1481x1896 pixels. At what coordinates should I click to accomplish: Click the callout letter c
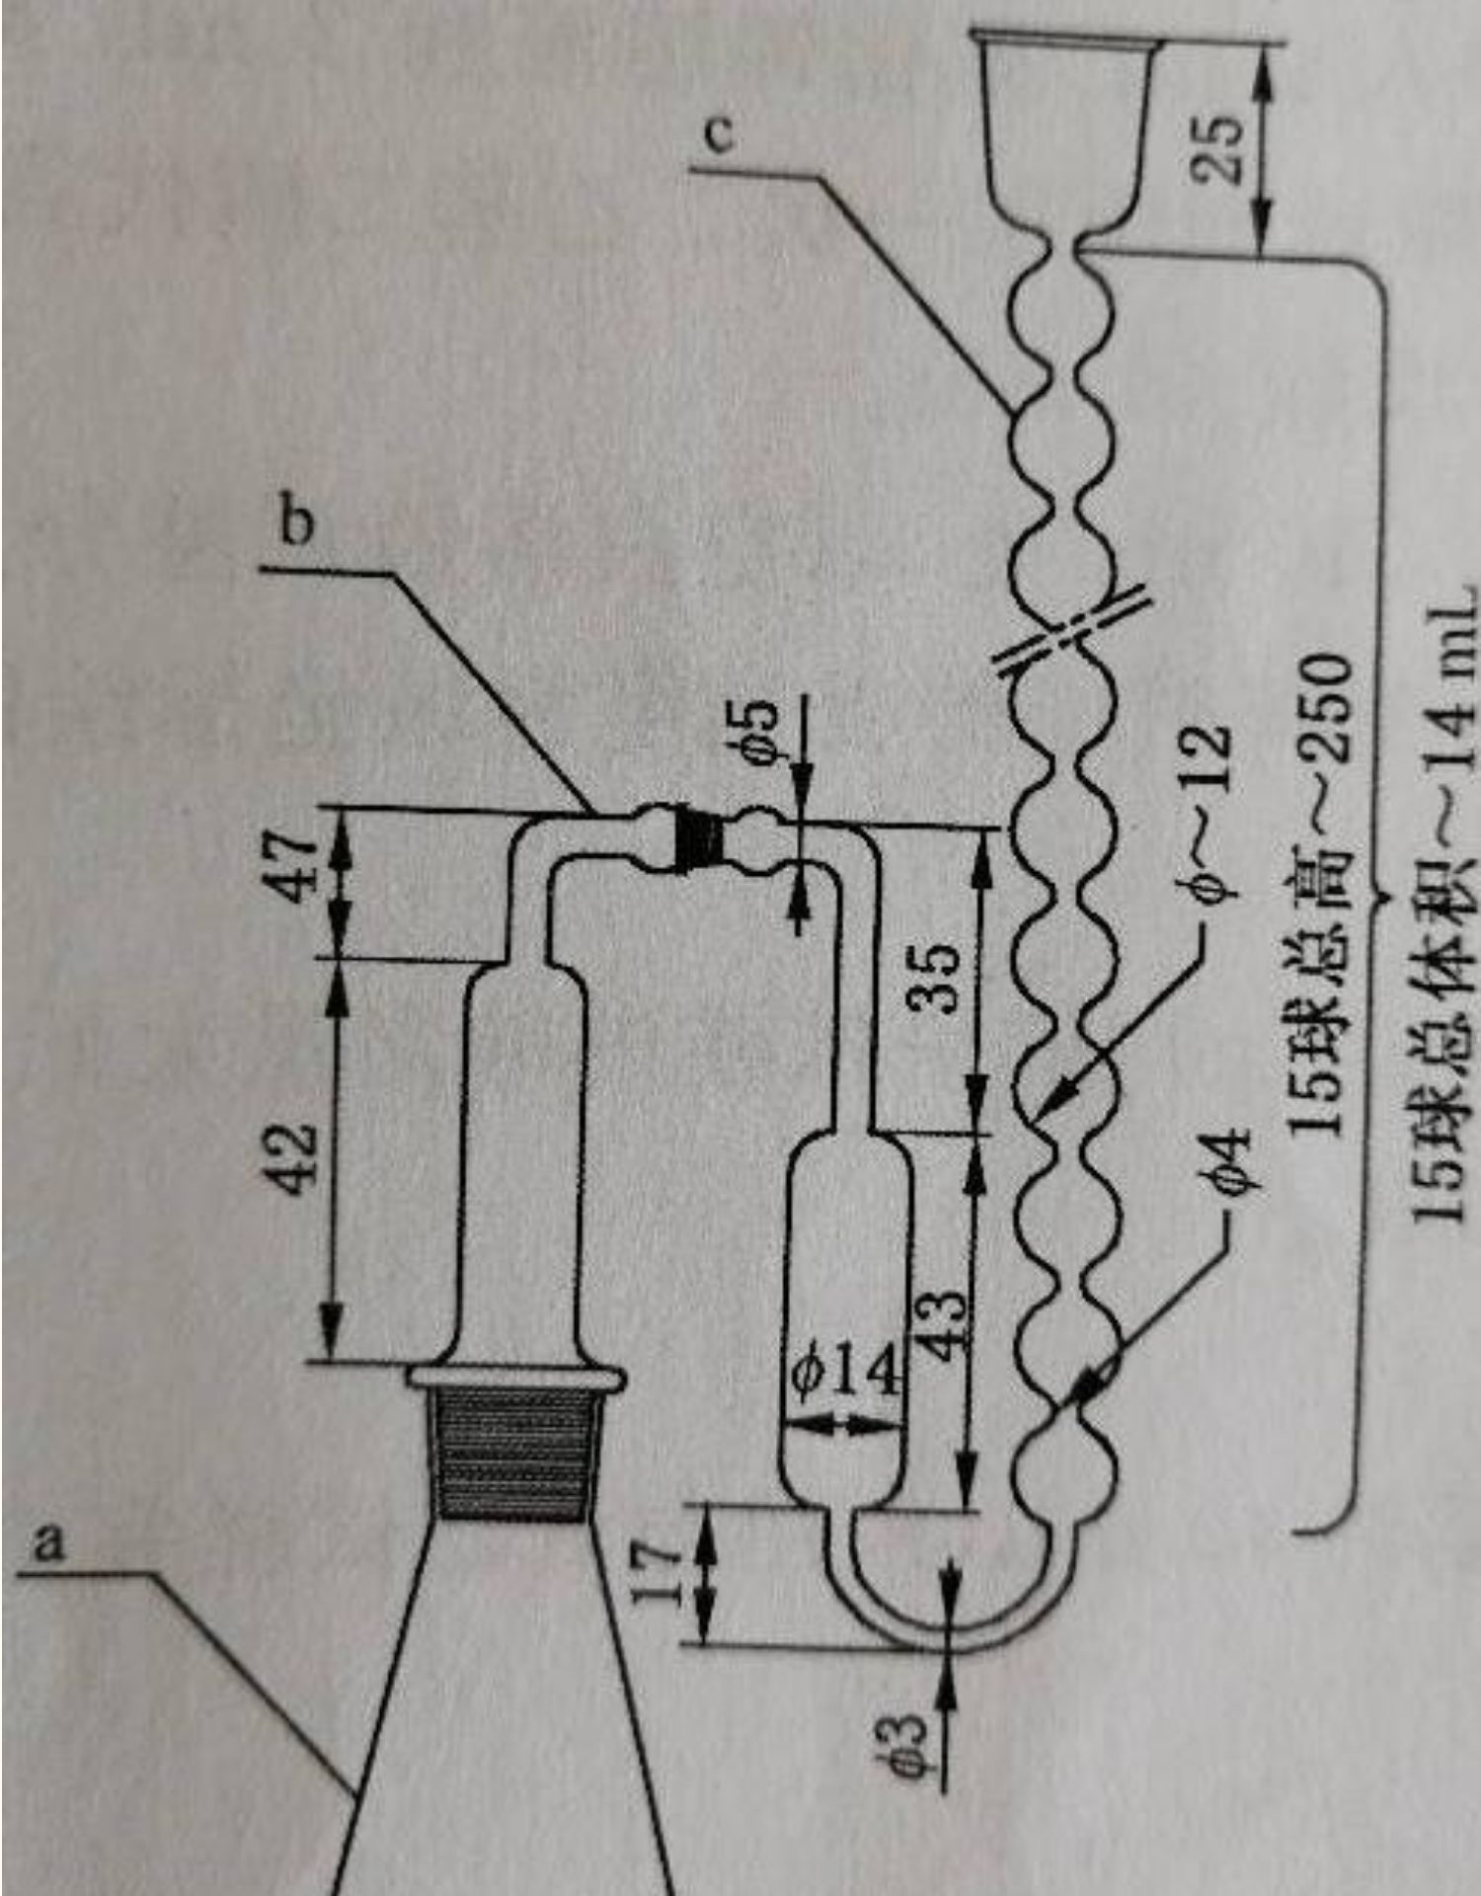(721, 135)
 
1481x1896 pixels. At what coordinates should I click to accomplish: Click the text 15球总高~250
(1323, 894)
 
